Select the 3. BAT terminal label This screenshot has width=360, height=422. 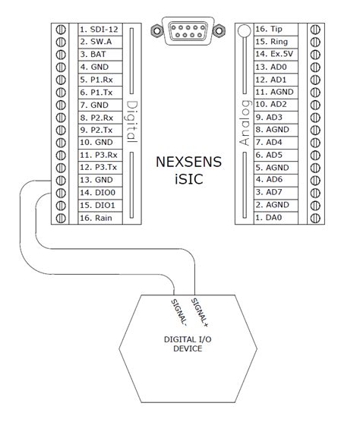[x=93, y=55]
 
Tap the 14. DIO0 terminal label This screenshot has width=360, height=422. [x=96, y=193]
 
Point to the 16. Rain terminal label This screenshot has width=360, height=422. [x=96, y=218]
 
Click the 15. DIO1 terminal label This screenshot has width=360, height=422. [x=96, y=205]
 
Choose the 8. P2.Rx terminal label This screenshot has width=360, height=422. [x=96, y=118]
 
